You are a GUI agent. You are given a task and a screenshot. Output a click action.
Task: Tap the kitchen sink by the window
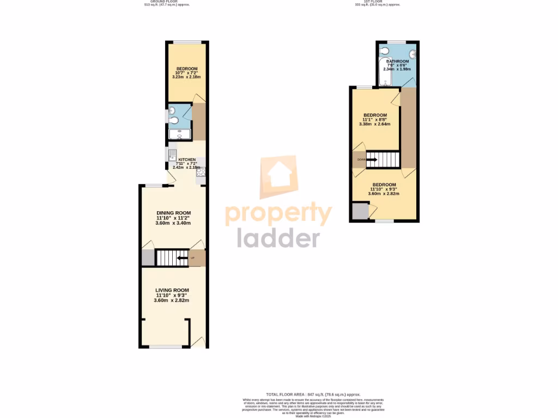(x=172, y=153)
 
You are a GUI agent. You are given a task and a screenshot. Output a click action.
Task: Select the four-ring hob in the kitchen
(x=201, y=173)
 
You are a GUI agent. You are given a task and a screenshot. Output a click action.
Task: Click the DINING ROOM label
(x=173, y=213)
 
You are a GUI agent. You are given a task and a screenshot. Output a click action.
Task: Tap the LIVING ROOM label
(x=172, y=290)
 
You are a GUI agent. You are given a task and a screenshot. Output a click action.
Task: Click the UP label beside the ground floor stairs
(x=192, y=257)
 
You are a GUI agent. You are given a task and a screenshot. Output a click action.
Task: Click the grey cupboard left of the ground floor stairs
(x=148, y=257)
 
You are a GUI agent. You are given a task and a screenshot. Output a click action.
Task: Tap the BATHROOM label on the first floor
(x=397, y=62)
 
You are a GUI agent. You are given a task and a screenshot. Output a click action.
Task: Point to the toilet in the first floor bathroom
(x=385, y=52)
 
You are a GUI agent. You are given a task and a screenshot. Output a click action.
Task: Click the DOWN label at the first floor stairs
(x=361, y=159)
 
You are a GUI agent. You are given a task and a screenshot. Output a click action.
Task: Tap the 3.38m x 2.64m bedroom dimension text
(x=375, y=124)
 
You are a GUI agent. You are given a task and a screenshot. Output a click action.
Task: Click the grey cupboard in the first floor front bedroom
(x=360, y=211)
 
